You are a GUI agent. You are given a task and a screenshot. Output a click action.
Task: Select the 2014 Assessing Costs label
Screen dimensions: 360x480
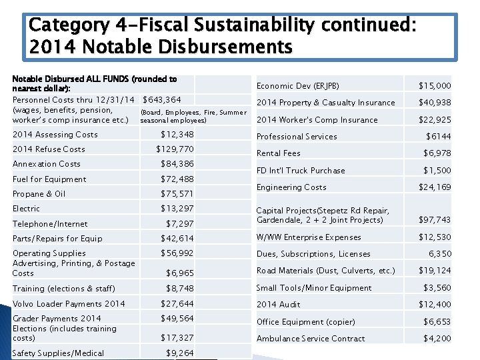[x=55, y=135]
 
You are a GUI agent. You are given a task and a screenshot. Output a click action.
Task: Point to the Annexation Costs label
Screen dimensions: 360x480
[x=47, y=164]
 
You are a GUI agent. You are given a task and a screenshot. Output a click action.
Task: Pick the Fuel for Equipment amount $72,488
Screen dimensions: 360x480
[x=177, y=179]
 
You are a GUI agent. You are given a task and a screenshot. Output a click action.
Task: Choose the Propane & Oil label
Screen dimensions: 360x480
[x=39, y=194]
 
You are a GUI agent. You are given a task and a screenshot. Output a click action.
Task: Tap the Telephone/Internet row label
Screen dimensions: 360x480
[x=50, y=224]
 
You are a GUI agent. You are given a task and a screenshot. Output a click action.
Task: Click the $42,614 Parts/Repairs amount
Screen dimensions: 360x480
[x=177, y=239]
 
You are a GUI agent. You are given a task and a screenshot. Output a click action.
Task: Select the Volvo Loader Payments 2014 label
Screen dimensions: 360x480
[x=69, y=304]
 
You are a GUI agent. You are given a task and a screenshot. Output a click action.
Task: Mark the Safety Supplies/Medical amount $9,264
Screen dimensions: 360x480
[x=180, y=353]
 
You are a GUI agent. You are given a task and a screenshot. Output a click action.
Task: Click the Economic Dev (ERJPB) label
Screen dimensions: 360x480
[x=298, y=86]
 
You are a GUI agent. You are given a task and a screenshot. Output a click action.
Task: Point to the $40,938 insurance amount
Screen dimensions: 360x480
[x=435, y=103]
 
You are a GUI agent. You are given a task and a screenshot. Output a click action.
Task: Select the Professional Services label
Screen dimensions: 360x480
[x=297, y=137]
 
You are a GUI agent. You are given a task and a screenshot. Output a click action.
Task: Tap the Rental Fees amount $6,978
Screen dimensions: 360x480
[x=437, y=153]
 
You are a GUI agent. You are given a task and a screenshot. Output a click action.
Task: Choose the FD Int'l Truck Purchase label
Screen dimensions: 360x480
[x=301, y=171]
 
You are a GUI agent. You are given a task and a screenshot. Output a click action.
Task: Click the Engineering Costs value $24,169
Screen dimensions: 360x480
[x=435, y=187]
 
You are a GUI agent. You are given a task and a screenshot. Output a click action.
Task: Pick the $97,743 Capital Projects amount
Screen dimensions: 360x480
[x=435, y=220]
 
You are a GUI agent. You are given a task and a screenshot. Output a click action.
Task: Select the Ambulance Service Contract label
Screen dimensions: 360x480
[x=311, y=339]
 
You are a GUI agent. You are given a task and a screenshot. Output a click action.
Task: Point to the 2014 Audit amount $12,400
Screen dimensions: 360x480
[x=435, y=305]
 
